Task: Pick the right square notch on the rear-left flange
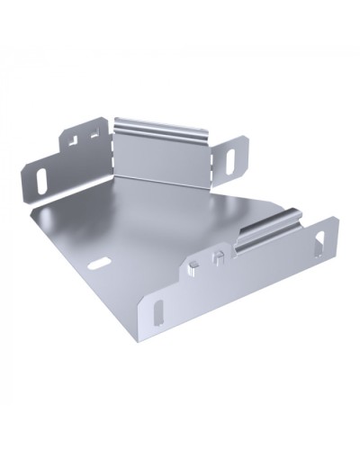pyautogui.click(x=93, y=132)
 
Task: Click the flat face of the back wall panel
pyautogui.click(x=166, y=157)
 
